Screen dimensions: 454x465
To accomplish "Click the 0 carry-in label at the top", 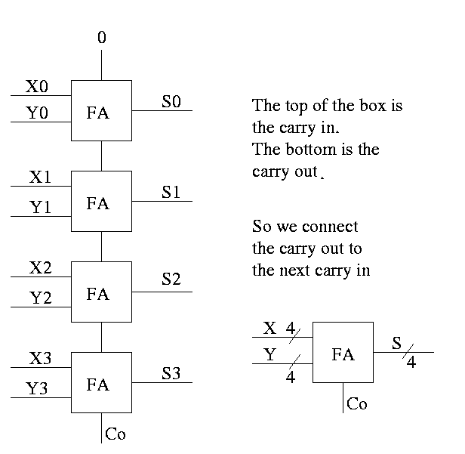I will (102, 36).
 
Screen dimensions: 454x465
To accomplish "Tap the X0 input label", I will (37, 87).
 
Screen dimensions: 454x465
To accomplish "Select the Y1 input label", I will (40, 208).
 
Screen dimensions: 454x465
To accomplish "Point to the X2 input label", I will (41, 267).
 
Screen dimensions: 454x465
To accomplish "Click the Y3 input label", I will (37, 389).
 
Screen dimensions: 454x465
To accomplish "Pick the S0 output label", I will (171, 102).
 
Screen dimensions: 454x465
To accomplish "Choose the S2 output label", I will (171, 280).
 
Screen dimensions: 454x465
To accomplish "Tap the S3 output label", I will (171, 373).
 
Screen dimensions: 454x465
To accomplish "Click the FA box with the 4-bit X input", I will (343, 353).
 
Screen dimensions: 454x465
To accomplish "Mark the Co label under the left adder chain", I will (115, 434).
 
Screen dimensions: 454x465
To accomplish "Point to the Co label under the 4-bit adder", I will (357, 404).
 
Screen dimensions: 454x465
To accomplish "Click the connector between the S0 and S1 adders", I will (102, 156).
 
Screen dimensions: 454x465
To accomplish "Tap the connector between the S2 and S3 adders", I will (102, 337).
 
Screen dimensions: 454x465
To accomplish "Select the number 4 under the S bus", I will (411, 363).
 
